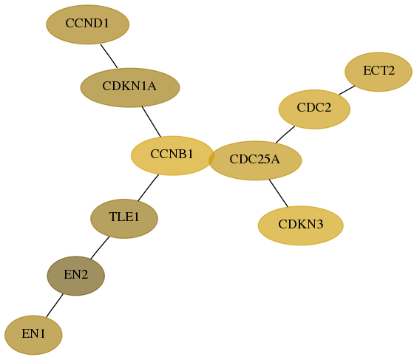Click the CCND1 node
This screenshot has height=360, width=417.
click(88, 24)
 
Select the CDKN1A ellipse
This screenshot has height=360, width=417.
click(130, 87)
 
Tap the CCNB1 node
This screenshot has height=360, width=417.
click(172, 155)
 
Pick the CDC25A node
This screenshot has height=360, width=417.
click(255, 160)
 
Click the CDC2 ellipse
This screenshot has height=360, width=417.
click(314, 109)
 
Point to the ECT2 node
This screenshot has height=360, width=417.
click(379, 72)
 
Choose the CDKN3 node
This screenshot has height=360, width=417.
click(300, 225)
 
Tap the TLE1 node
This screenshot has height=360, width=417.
click(124, 219)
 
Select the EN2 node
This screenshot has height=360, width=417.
click(76, 276)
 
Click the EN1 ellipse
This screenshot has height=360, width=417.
click(33, 335)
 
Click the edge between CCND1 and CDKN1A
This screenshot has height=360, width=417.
click(109, 56)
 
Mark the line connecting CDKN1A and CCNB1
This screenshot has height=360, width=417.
click(152, 122)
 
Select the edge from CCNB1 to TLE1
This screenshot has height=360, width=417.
click(148, 188)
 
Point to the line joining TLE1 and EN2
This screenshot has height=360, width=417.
click(100, 248)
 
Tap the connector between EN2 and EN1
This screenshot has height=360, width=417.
click(55, 305)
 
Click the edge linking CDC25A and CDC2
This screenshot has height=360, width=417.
click(285, 135)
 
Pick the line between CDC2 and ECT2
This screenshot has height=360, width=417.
click(347, 90)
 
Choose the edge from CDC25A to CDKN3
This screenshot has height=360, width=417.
click(279, 193)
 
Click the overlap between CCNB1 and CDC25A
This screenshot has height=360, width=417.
click(211, 158)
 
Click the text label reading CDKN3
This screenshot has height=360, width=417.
click(300, 225)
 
